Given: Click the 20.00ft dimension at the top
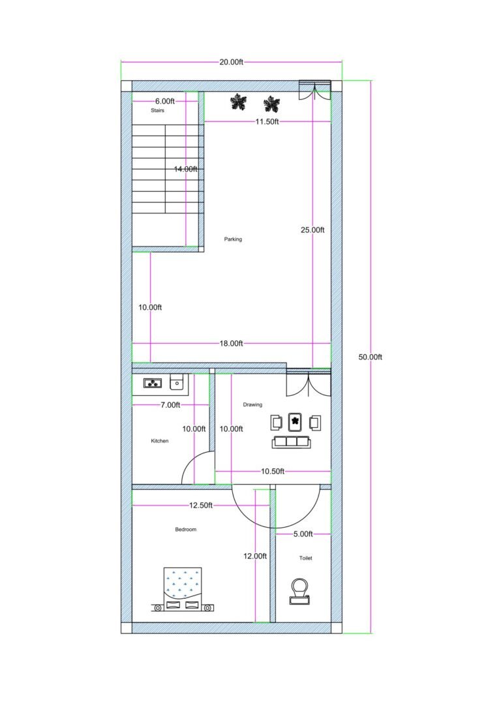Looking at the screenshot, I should click(x=231, y=62).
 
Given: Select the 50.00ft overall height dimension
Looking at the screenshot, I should click(x=371, y=357).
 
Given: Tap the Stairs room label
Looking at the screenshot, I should click(x=157, y=111).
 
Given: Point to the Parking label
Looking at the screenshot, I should click(x=233, y=239).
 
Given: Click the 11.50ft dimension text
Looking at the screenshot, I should click(x=266, y=122).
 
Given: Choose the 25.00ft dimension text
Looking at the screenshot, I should click(x=312, y=230).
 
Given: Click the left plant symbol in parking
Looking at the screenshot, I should click(x=238, y=102).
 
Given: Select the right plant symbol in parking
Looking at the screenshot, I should click(x=271, y=103).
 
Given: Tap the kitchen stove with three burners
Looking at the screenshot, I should click(x=153, y=384).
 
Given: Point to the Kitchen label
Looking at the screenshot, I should click(x=160, y=441).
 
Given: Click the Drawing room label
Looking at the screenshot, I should click(x=252, y=405).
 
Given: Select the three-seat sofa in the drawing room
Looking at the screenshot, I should click(x=292, y=442).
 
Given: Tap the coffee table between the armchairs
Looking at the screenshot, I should click(x=296, y=422).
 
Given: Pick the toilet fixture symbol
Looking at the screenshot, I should click(x=300, y=590).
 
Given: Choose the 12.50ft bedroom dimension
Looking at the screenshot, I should click(x=202, y=505).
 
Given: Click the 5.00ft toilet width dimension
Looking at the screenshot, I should click(x=303, y=534).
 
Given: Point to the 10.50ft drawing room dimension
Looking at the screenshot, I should click(x=272, y=471).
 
